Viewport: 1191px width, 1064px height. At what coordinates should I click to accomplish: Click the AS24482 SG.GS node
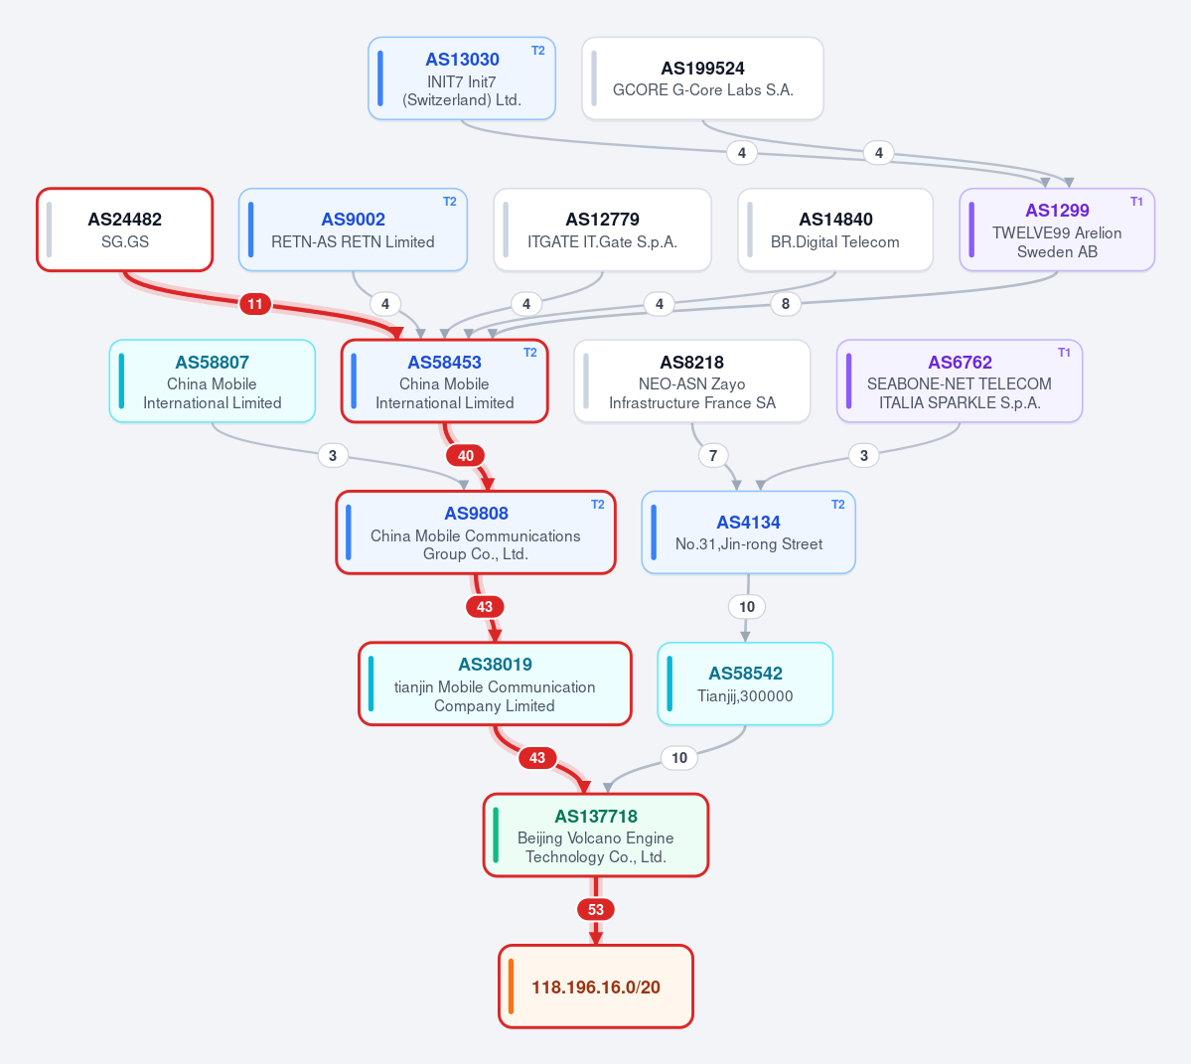coord(124,229)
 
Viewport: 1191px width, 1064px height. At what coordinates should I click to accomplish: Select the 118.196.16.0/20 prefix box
coord(596,987)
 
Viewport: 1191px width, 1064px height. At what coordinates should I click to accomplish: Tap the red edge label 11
coord(255,305)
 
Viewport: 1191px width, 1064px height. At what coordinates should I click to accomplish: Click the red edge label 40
coord(466,456)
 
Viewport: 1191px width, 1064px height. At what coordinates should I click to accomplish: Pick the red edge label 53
coord(596,909)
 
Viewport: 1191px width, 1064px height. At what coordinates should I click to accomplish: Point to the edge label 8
coord(786,305)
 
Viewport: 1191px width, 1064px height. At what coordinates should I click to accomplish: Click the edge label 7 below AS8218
coord(712,456)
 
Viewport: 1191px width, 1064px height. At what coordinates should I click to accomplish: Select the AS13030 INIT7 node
coord(462,78)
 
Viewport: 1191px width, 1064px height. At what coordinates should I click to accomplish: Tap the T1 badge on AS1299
coord(1136,202)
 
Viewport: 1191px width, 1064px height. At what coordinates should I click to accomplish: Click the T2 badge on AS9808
coord(598,505)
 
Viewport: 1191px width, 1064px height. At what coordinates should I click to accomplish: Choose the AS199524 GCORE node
coord(702,78)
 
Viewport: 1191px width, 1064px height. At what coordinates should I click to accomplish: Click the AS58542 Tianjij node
coord(745,684)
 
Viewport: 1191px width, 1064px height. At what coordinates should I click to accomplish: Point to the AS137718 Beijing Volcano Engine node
coord(596,836)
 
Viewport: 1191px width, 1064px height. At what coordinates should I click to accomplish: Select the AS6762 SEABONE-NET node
coord(960,381)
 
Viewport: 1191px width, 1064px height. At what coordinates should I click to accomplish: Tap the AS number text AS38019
coord(496,665)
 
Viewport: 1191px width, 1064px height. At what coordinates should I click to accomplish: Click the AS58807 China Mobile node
coord(212,381)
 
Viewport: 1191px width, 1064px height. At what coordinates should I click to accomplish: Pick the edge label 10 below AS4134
coord(747,607)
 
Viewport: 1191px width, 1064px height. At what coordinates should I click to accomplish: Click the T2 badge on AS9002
coord(450,202)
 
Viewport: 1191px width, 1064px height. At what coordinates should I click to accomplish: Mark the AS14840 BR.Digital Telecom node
coord(835,229)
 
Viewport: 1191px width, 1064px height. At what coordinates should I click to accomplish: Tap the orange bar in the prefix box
coord(512,987)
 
